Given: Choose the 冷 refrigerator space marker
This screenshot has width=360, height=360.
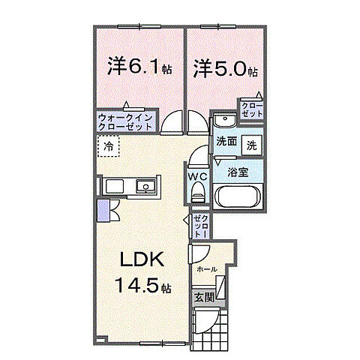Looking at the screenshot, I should [x=109, y=147].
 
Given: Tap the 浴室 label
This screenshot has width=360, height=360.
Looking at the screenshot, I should [x=238, y=171].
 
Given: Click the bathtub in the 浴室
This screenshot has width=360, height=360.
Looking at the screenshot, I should [x=238, y=196].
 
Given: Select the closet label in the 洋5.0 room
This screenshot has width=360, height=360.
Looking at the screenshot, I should [x=250, y=109].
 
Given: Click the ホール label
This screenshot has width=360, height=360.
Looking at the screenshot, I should [x=207, y=268].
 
